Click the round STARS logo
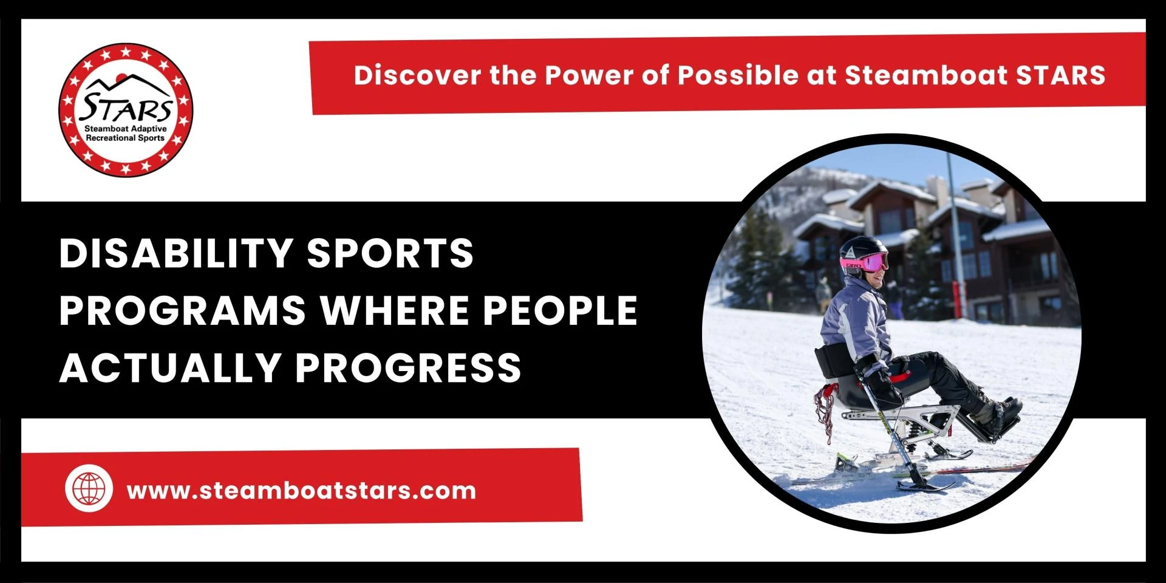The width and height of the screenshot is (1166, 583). point(126,110)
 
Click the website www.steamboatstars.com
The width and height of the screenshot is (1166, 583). point(301,491)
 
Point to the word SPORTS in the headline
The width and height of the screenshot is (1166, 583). point(390,253)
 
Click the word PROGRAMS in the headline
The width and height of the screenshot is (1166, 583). point(182,310)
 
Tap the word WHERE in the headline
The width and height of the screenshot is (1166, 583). point(395,310)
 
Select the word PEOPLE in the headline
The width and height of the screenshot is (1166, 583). point(560,310)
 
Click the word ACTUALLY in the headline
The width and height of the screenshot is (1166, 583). point(169,367)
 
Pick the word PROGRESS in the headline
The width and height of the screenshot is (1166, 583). point(408,367)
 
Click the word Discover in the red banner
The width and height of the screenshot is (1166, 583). point(417,75)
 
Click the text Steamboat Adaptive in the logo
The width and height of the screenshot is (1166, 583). point(125,129)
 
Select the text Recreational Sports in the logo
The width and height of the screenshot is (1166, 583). point(125,138)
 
